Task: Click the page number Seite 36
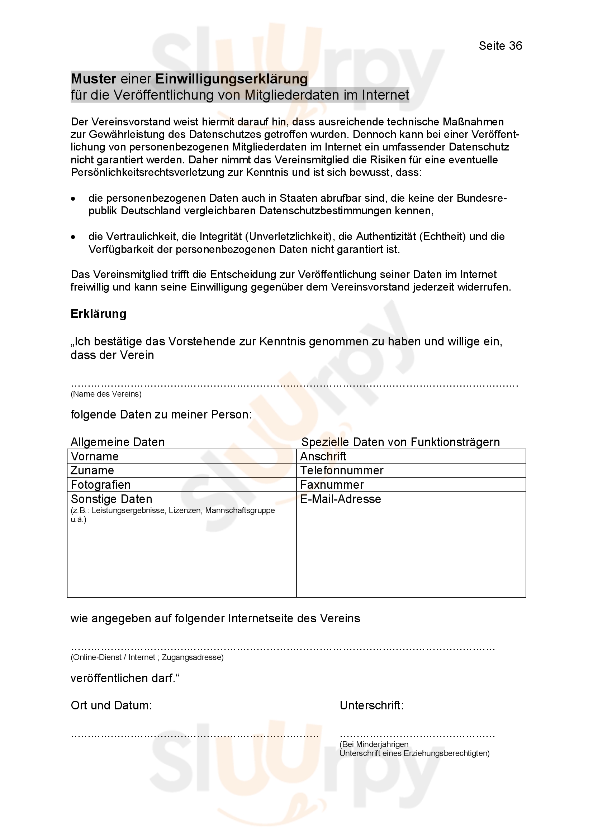500,46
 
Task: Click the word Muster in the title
94,79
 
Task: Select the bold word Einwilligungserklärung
232,79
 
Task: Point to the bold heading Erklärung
98,314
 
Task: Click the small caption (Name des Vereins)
106,394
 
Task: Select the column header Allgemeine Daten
118,442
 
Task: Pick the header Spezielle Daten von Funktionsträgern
400,442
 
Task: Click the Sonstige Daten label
112,499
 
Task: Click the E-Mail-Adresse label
340,499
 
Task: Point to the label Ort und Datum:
112,705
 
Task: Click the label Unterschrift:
372,705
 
